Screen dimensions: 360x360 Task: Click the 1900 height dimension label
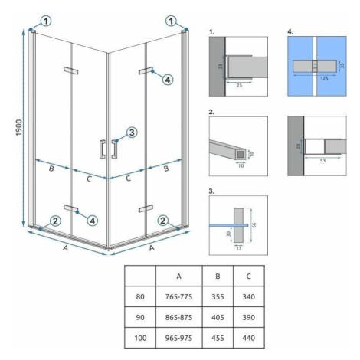coord(19,127)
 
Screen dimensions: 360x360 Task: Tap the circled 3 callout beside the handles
coord(132,133)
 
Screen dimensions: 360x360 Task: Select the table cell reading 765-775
coord(178,296)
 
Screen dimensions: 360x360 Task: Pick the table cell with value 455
coord(218,338)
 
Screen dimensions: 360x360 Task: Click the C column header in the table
coord(249,276)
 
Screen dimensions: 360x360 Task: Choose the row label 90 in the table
coord(140,317)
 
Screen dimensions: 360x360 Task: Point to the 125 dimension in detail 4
coord(324,78)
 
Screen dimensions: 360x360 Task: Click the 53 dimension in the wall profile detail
coord(322,161)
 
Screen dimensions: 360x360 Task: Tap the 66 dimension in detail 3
coord(254,225)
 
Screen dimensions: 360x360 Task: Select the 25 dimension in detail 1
coord(239,85)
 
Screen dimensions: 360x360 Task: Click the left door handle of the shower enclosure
coord(103,149)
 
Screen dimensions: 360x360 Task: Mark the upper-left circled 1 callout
coord(46,21)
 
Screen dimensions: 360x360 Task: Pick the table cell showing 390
coord(249,317)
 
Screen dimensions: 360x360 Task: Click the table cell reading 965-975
coord(178,338)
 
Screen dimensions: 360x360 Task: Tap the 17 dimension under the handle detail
coord(239,248)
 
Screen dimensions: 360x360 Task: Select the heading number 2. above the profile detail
coord(211,112)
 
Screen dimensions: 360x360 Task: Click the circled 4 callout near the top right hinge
coord(168,80)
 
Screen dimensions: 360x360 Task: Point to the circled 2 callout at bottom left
coord(55,221)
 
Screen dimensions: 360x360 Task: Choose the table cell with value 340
coord(249,296)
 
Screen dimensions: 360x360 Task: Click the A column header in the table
coord(178,276)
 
